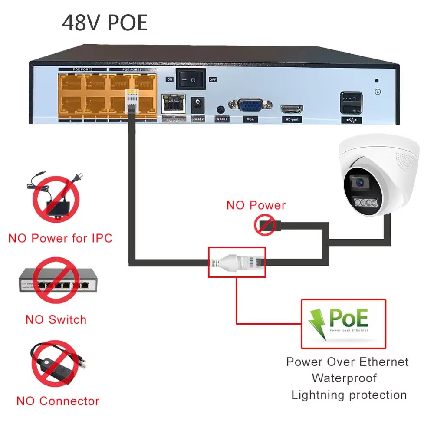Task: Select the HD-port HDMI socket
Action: point(292,108)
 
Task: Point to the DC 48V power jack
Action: point(198,104)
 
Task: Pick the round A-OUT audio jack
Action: point(222,108)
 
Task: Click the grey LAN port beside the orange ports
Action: point(173,104)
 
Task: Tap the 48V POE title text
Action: point(105,23)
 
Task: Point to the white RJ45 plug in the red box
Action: point(237,263)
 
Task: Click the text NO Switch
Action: point(56,320)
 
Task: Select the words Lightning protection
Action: point(349,395)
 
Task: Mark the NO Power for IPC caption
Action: point(60,238)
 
